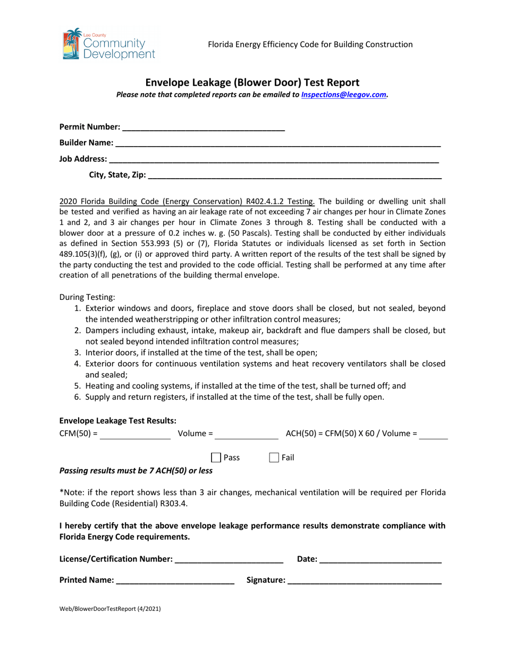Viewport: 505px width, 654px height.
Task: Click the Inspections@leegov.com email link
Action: click(x=343, y=95)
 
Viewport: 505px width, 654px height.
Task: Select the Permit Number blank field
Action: click(x=203, y=127)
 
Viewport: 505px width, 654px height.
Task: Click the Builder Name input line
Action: click(x=277, y=143)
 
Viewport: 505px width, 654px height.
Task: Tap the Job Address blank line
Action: click(x=273, y=159)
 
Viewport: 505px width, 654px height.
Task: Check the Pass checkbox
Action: click(x=216, y=457)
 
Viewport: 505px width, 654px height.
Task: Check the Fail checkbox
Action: click(x=274, y=457)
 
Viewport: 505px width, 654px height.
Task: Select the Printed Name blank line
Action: click(x=175, y=581)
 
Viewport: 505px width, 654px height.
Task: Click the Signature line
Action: click(x=364, y=581)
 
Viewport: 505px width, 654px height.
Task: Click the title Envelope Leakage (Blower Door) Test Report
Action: click(x=252, y=82)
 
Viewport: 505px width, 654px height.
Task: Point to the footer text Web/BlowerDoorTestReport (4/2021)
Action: click(x=110, y=609)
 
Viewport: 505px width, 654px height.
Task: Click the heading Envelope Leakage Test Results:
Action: click(x=118, y=421)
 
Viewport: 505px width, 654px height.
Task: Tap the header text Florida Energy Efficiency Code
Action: click(x=310, y=44)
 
